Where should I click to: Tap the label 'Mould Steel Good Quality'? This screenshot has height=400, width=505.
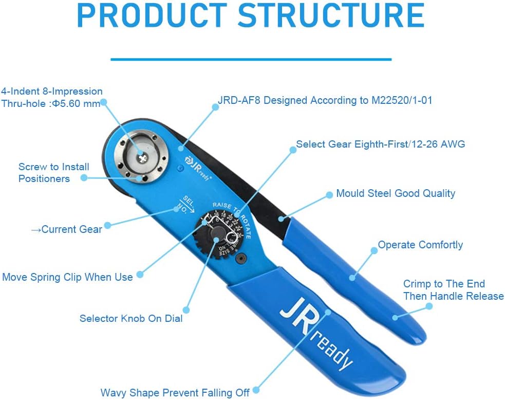[396, 193]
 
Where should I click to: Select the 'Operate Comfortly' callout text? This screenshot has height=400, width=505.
[420, 245]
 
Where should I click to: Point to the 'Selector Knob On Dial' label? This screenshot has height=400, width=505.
[131, 318]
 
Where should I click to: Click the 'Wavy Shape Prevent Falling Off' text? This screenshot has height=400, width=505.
[175, 393]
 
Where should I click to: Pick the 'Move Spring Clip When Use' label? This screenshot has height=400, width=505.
[67, 277]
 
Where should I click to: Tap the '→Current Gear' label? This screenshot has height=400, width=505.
[66, 229]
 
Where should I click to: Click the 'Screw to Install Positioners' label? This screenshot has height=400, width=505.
[53, 173]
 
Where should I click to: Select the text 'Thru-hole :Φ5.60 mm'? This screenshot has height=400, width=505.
[51, 103]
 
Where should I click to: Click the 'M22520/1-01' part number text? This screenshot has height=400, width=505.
[402, 100]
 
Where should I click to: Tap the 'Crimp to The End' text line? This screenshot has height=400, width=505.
[444, 284]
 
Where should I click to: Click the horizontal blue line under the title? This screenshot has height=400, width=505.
[251, 60]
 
